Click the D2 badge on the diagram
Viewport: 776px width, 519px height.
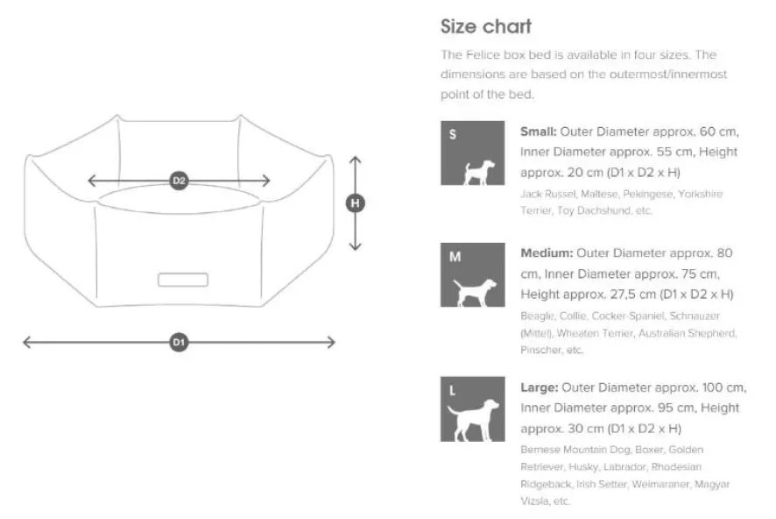pos(179,181)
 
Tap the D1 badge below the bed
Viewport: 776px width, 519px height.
pos(179,342)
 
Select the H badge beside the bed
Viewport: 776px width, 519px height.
pos(355,203)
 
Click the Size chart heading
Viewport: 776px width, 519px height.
pos(486,27)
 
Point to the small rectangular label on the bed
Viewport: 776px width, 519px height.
pos(183,280)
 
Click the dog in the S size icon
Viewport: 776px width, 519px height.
pos(478,173)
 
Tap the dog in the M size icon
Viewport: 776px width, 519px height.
pos(475,293)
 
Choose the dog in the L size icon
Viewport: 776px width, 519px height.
pos(473,420)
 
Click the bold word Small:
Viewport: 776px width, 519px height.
pos(539,132)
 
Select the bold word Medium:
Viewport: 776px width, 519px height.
pos(547,253)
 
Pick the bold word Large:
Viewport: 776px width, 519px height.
pos(540,387)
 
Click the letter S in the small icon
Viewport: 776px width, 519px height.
pos(452,134)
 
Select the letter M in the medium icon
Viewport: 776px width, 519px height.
pos(455,257)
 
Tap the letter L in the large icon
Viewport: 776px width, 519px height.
pos(452,391)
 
